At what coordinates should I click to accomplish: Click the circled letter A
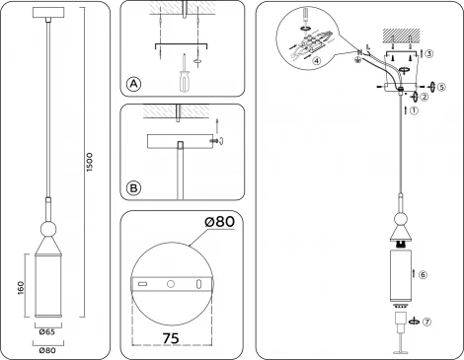tap(134, 85)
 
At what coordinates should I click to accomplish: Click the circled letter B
tap(134, 185)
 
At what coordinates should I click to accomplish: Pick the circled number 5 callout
tap(441, 86)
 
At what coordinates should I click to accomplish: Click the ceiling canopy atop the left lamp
tap(46, 13)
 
